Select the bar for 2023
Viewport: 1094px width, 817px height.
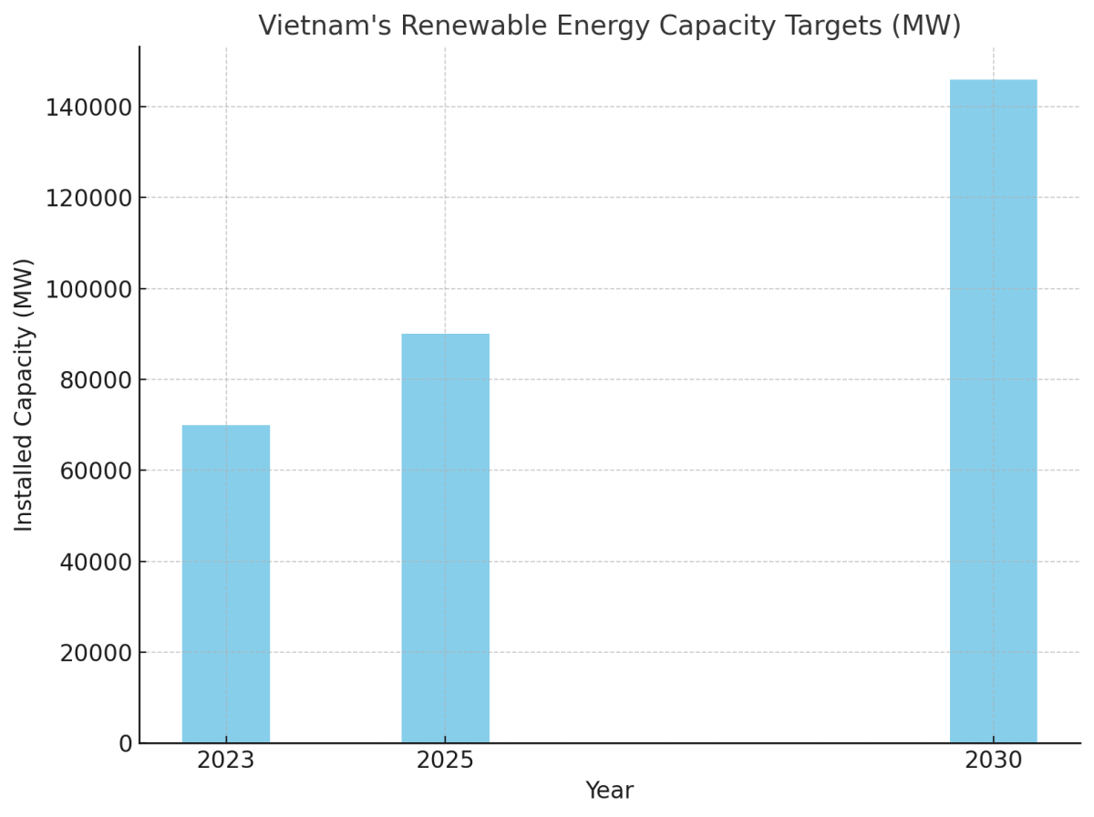(x=226, y=584)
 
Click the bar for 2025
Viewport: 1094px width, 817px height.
(x=445, y=538)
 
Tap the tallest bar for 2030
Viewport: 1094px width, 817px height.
(x=993, y=410)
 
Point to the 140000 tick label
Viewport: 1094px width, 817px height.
(x=88, y=108)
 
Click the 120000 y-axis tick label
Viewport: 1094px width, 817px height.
(x=88, y=198)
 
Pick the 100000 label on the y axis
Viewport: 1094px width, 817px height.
(x=88, y=289)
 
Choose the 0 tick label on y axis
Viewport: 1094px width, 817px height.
(x=126, y=744)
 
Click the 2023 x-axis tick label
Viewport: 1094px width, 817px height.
(x=226, y=760)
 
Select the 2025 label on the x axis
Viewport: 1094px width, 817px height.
(x=445, y=760)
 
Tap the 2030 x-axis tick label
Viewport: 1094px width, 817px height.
(x=993, y=760)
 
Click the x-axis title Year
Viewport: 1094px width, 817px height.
(x=609, y=791)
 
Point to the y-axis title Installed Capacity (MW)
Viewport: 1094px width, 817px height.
(x=25, y=394)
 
